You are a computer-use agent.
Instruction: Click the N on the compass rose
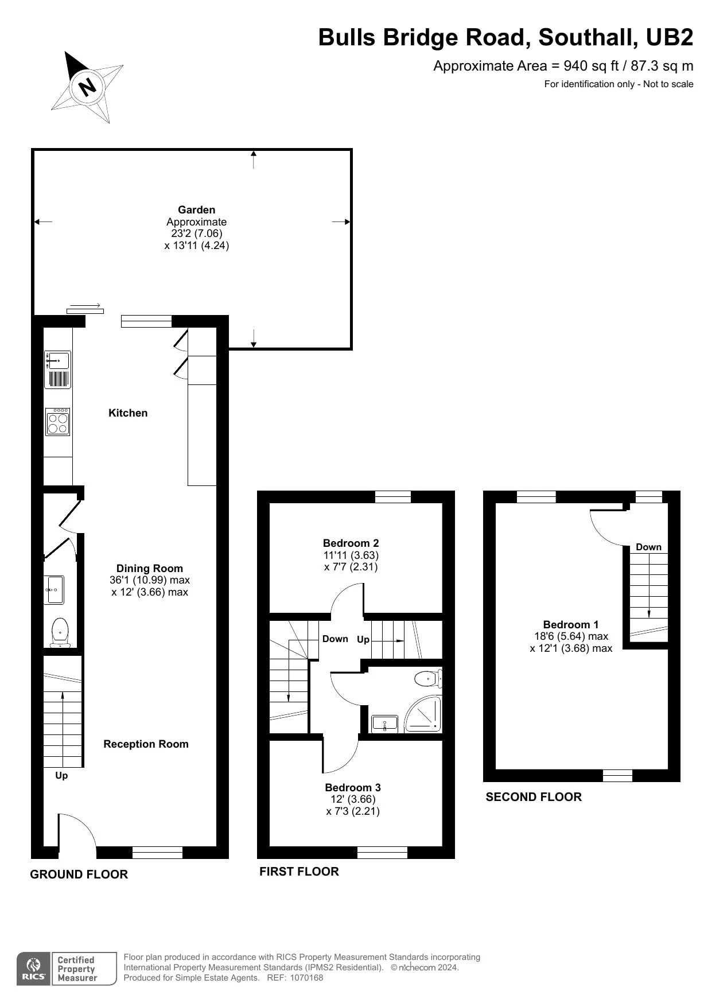[88, 87]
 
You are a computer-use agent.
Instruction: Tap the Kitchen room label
[128, 413]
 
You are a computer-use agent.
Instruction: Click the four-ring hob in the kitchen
[58, 422]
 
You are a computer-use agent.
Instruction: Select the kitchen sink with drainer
[58, 370]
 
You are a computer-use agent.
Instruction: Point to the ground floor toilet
[60, 632]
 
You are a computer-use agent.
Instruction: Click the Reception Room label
[146, 744]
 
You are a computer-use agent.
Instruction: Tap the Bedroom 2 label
[351, 543]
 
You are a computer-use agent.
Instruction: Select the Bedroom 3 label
[353, 787]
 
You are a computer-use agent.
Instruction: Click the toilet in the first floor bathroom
[428, 679]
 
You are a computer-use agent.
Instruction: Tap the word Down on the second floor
[648, 547]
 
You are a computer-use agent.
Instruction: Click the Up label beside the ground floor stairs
[61, 776]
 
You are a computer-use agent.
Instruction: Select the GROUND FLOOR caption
[79, 874]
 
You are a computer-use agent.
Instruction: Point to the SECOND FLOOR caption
[534, 797]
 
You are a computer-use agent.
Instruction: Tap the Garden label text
[196, 210]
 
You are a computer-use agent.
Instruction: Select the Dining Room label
[150, 569]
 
